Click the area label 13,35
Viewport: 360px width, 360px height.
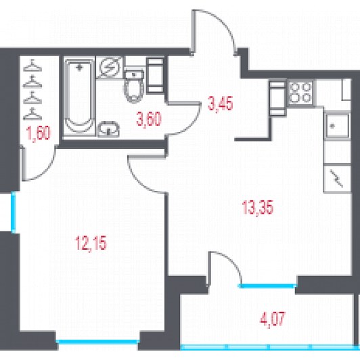coord(258,207)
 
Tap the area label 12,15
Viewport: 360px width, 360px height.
coord(91,243)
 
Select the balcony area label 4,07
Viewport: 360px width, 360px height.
coord(273,318)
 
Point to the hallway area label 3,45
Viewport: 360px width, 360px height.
coord(220,103)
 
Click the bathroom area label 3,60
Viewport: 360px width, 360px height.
coord(149,119)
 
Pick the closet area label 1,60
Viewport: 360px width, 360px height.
coord(39,133)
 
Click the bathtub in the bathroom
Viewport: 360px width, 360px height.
coord(79,97)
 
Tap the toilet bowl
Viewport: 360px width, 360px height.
coord(134,85)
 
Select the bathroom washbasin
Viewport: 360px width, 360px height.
coord(109,129)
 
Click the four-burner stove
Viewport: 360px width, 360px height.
coord(300,92)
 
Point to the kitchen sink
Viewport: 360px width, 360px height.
coord(337,126)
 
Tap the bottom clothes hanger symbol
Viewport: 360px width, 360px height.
coord(32,114)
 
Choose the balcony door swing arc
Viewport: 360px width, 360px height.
coord(229,263)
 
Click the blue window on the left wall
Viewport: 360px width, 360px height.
coord(14,212)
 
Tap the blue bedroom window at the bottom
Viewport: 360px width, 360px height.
coord(97,342)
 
